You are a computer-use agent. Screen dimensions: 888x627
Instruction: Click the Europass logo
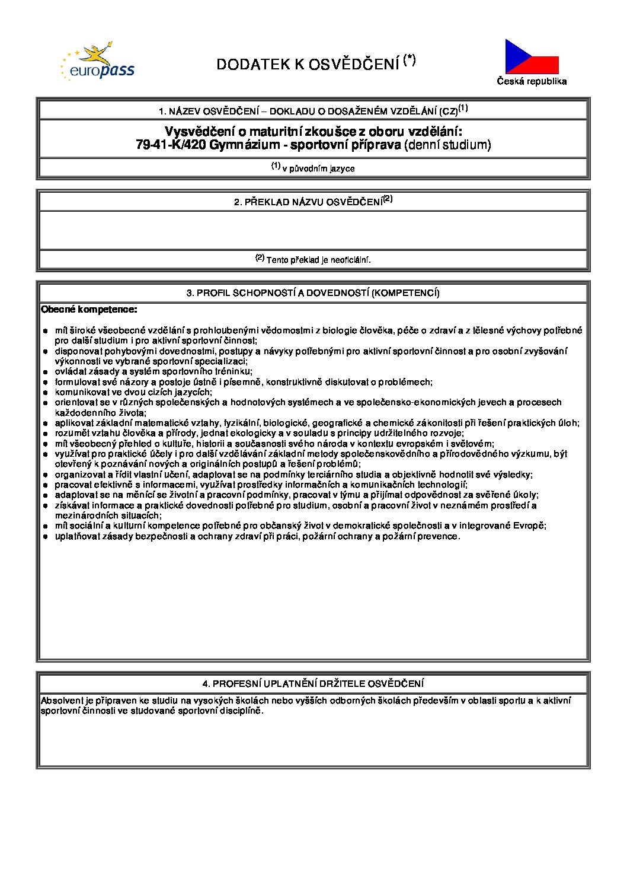pyautogui.click(x=97, y=62)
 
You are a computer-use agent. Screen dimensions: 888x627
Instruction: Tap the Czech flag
pyautogui.click(x=532, y=57)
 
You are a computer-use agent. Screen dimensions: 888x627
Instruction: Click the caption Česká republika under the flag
pyautogui.click(x=532, y=81)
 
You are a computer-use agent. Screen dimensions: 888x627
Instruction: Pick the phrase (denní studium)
pyautogui.click(x=447, y=145)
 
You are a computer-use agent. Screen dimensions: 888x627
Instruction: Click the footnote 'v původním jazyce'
pyautogui.click(x=318, y=168)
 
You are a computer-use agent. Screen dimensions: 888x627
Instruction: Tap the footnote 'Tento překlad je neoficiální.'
pyautogui.click(x=318, y=260)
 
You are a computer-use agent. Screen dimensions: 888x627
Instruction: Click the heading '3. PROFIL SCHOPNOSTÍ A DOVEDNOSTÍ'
pyautogui.click(x=313, y=293)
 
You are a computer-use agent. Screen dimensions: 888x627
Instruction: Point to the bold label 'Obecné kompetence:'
pyautogui.click(x=89, y=310)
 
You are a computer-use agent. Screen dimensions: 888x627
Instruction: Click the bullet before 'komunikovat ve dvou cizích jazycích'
pyautogui.click(x=45, y=393)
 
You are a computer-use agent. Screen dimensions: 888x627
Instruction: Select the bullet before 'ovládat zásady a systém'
pyautogui.click(x=45, y=372)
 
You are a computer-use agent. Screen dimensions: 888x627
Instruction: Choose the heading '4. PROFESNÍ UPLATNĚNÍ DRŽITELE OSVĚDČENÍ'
pyautogui.click(x=313, y=684)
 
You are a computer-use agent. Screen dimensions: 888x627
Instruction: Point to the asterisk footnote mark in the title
pyautogui.click(x=410, y=60)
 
